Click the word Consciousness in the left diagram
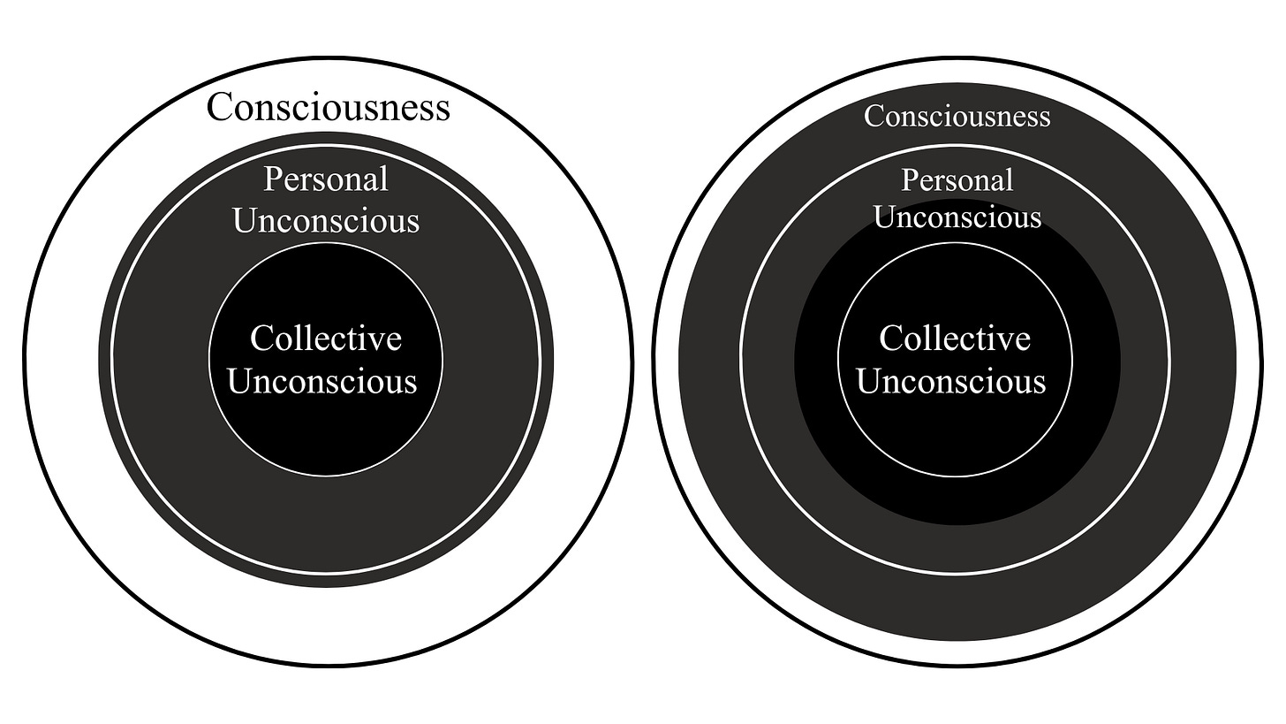tap(328, 108)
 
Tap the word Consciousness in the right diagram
tap(957, 116)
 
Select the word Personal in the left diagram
tap(326, 179)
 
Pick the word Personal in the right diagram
tap(957, 180)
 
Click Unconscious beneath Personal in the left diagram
tap(326, 221)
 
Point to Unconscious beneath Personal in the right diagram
tap(957, 217)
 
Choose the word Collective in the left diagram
tap(326, 339)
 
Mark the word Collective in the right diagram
tap(955, 339)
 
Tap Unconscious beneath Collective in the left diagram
tap(323, 382)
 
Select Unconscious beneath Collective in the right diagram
tap(951, 382)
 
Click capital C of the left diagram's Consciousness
tap(220, 108)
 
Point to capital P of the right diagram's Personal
tap(910, 180)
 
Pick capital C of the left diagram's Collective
tap(261, 339)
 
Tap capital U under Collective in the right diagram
tap(870, 382)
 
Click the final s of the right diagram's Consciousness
tap(1045, 118)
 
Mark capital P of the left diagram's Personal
tap(272, 179)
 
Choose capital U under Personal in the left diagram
tap(245, 221)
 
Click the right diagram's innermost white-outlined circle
tap(955, 433)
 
